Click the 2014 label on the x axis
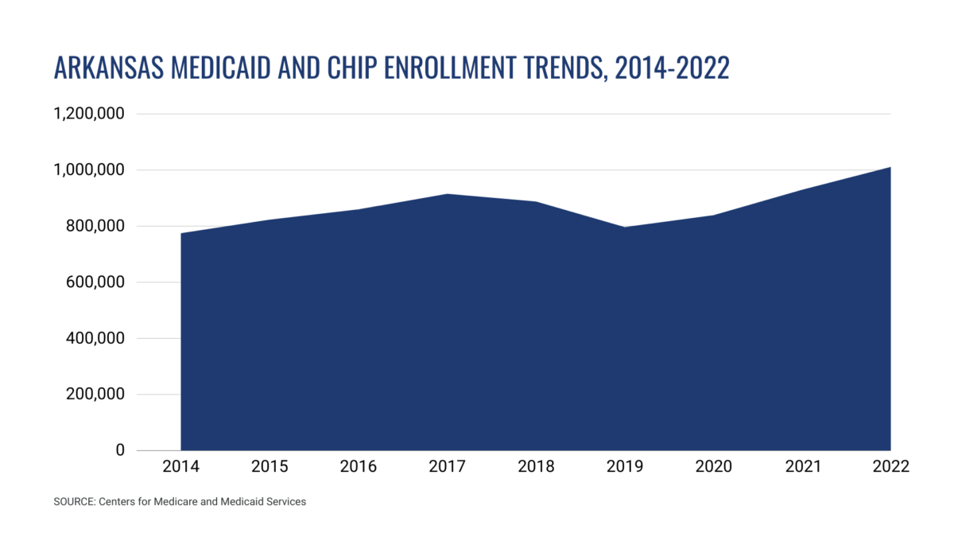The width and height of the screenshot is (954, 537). [181, 467]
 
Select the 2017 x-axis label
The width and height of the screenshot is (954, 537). [448, 467]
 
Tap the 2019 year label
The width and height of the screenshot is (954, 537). [625, 467]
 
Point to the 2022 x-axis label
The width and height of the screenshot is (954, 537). [890, 467]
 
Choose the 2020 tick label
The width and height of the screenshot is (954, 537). [713, 467]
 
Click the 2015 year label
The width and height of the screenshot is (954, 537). [270, 467]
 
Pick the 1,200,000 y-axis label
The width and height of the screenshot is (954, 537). [88, 114]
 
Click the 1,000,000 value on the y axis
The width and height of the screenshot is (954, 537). [88, 170]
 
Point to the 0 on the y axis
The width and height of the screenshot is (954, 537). [120, 450]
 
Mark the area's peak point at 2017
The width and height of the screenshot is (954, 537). [448, 194]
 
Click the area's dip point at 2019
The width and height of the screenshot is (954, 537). [625, 228]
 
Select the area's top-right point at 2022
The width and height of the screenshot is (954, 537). [890, 167]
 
